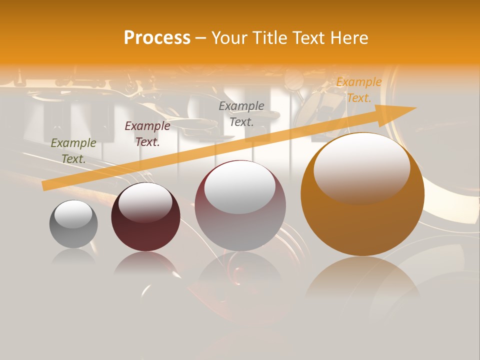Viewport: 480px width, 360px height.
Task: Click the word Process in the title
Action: click(x=157, y=38)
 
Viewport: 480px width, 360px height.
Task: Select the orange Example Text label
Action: click(x=358, y=90)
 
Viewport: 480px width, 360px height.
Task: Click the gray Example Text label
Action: click(x=241, y=113)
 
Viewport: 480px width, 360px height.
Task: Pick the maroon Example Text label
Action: click(x=147, y=133)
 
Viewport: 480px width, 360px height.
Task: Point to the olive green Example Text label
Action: click(x=73, y=150)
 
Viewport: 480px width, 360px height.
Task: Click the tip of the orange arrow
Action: click(x=415, y=108)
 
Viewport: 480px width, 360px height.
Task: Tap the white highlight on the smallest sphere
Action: click(x=73, y=214)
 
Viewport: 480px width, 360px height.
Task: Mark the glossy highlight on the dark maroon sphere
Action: click(x=145, y=202)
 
